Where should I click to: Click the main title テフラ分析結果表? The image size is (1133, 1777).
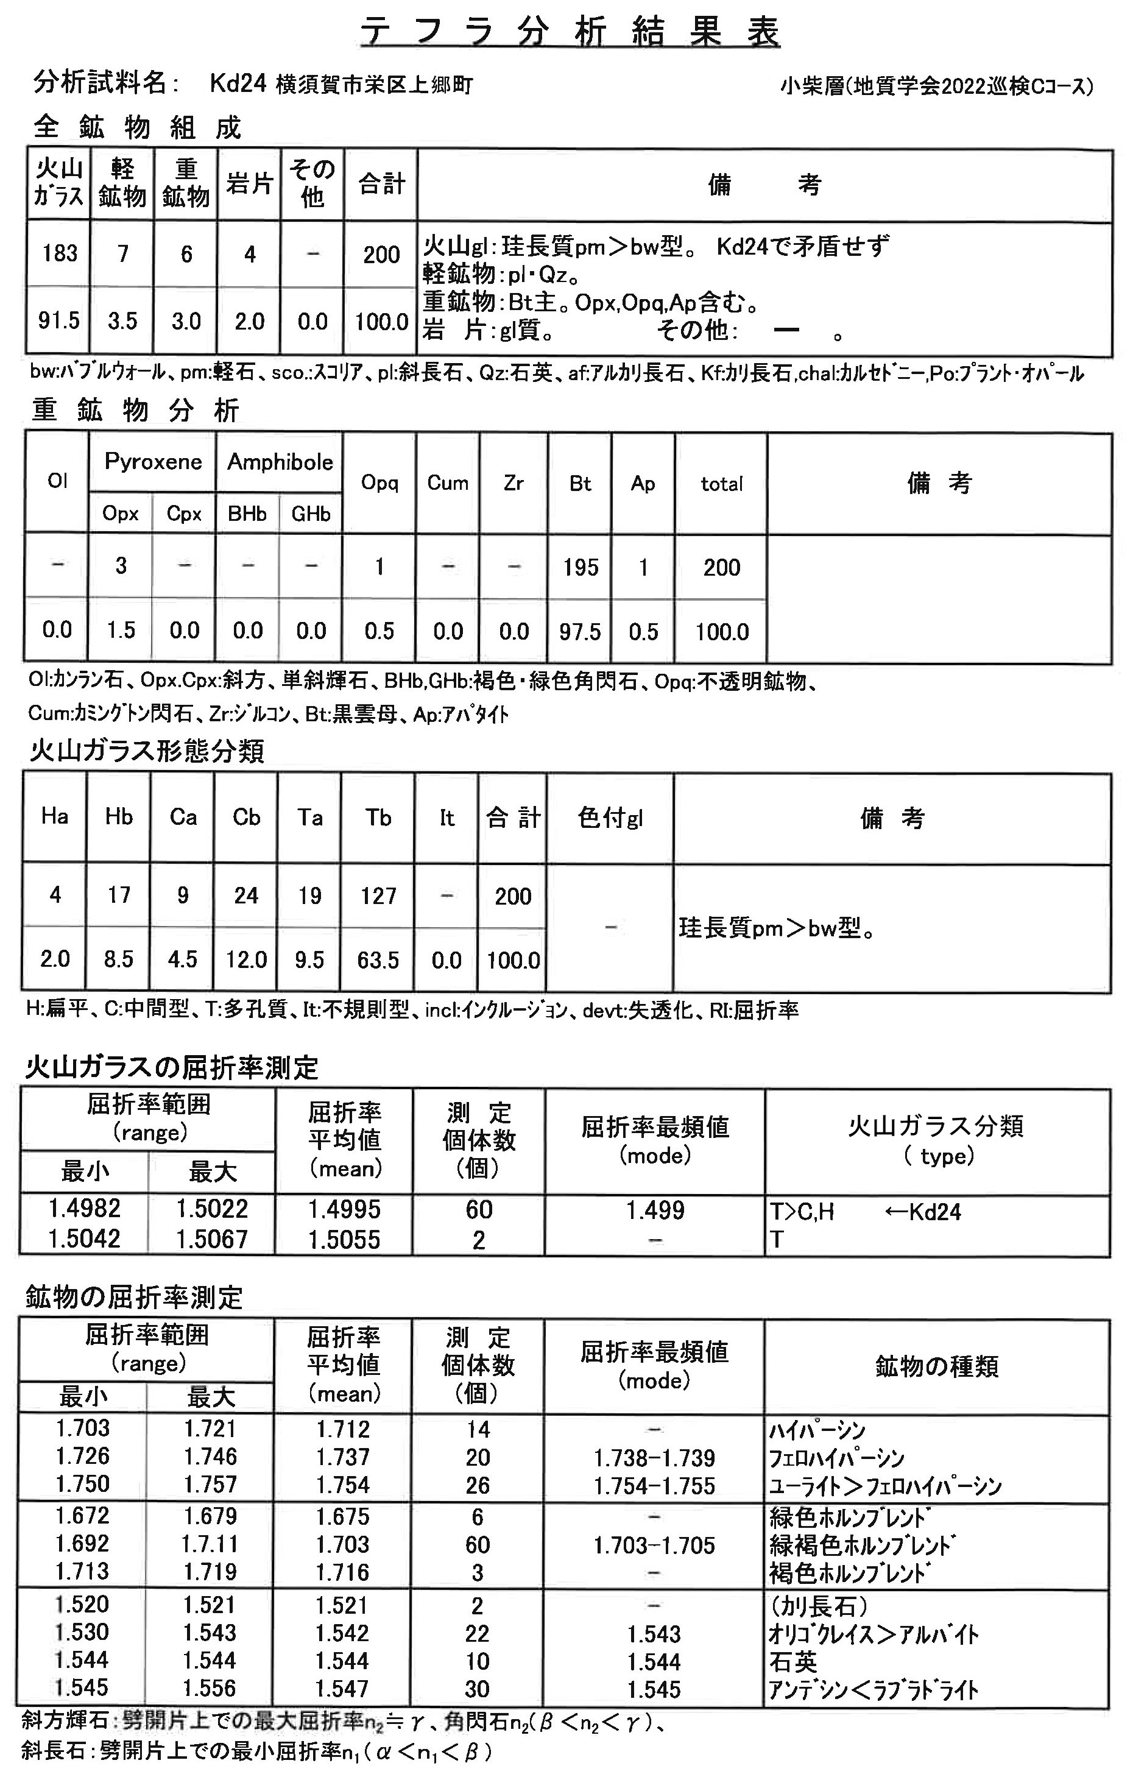point(569,34)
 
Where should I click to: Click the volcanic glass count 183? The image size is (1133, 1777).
point(59,254)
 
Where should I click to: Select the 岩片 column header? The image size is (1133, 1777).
point(250,184)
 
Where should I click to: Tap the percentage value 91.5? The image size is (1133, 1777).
point(59,321)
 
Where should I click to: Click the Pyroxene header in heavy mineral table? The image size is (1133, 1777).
point(153,462)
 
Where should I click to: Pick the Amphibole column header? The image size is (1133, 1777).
point(280,462)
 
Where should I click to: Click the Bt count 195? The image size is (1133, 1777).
point(580,567)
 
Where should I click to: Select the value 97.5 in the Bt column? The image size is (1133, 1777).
point(580,632)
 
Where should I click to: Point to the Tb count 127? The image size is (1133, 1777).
point(379,896)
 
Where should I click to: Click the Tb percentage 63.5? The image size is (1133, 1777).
point(379,960)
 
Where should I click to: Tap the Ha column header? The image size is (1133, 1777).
point(55,816)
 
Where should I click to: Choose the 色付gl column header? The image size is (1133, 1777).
point(610,818)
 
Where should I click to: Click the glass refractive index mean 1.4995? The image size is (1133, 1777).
point(344,1209)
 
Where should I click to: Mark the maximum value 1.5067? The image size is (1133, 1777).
point(212,1239)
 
